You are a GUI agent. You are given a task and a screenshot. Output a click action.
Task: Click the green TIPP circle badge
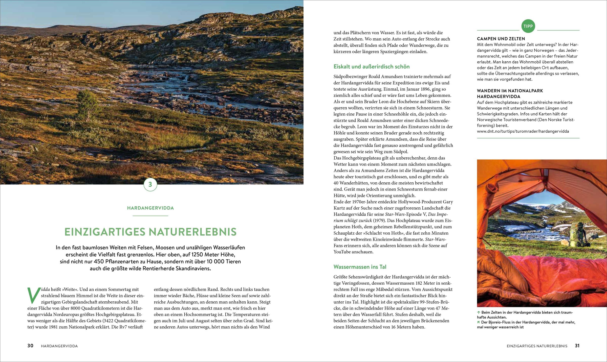(x=528, y=26)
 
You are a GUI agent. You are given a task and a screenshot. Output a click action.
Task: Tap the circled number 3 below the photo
(x=150, y=184)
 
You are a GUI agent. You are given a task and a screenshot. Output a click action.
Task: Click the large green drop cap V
(x=34, y=295)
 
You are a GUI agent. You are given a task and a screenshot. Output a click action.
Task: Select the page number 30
(x=30, y=346)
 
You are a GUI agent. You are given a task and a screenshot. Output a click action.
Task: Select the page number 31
(x=577, y=346)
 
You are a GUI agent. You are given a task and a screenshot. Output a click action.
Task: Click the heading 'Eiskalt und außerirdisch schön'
(x=371, y=67)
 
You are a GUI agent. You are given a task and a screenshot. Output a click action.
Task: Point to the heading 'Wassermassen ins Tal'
(x=360, y=267)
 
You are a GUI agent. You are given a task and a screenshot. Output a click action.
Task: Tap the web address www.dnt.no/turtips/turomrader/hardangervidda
(x=523, y=131)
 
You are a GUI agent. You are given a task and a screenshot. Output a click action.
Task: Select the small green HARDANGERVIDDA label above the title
(x=150, y=208)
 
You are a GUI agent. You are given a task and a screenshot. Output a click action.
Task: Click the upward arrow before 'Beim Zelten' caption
(x=479, y=312)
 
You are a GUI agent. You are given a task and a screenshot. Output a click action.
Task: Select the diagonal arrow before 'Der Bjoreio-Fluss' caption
(x=479, y=322)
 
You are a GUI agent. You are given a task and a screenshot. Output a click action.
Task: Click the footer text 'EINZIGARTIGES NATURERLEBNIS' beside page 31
(x=537, y=346)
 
